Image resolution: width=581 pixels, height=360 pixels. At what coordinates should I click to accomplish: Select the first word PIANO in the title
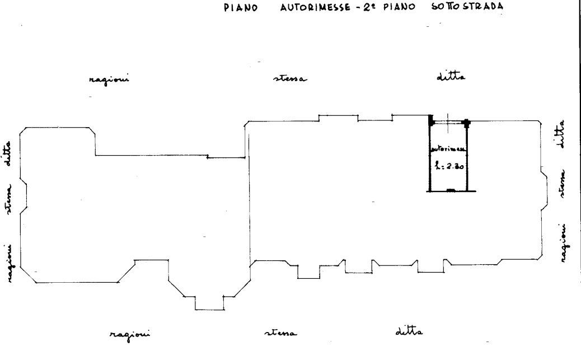click(x=241, y=8)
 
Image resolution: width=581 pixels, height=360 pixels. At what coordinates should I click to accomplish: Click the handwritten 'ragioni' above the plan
click(x=109, y=80)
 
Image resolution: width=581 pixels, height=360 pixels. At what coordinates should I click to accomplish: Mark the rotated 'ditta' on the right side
click(x=563, y=134)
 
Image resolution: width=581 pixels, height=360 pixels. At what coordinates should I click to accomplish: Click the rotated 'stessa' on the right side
click(x=564, y=184)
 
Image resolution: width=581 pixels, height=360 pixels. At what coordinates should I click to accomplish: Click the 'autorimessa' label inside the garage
click(x=448, y=149)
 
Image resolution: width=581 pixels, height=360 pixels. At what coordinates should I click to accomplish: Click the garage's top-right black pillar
click(x=466, y=121)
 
